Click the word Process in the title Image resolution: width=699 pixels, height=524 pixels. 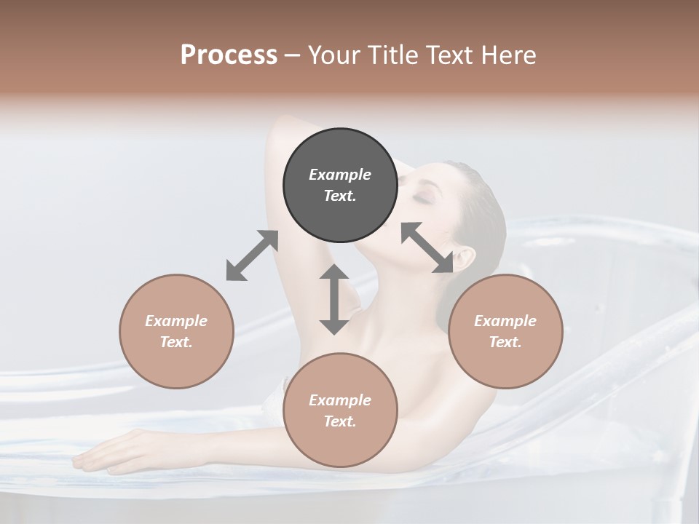[229, 55]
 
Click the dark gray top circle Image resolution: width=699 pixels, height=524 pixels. [340, 185]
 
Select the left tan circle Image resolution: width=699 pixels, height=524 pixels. [176, 331]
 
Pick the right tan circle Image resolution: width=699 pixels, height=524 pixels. [505, 331]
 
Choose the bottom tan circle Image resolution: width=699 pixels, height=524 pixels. [340, 410]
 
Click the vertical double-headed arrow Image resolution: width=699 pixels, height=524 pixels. [334, 299]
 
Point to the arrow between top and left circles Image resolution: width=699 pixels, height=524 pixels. [252, 255]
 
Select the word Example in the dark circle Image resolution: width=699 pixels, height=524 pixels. [340, 175]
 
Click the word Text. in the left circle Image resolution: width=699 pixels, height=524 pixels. [176, 342]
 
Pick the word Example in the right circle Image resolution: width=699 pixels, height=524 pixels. [505, 321]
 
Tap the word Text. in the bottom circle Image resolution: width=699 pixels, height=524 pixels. [340, 421]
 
